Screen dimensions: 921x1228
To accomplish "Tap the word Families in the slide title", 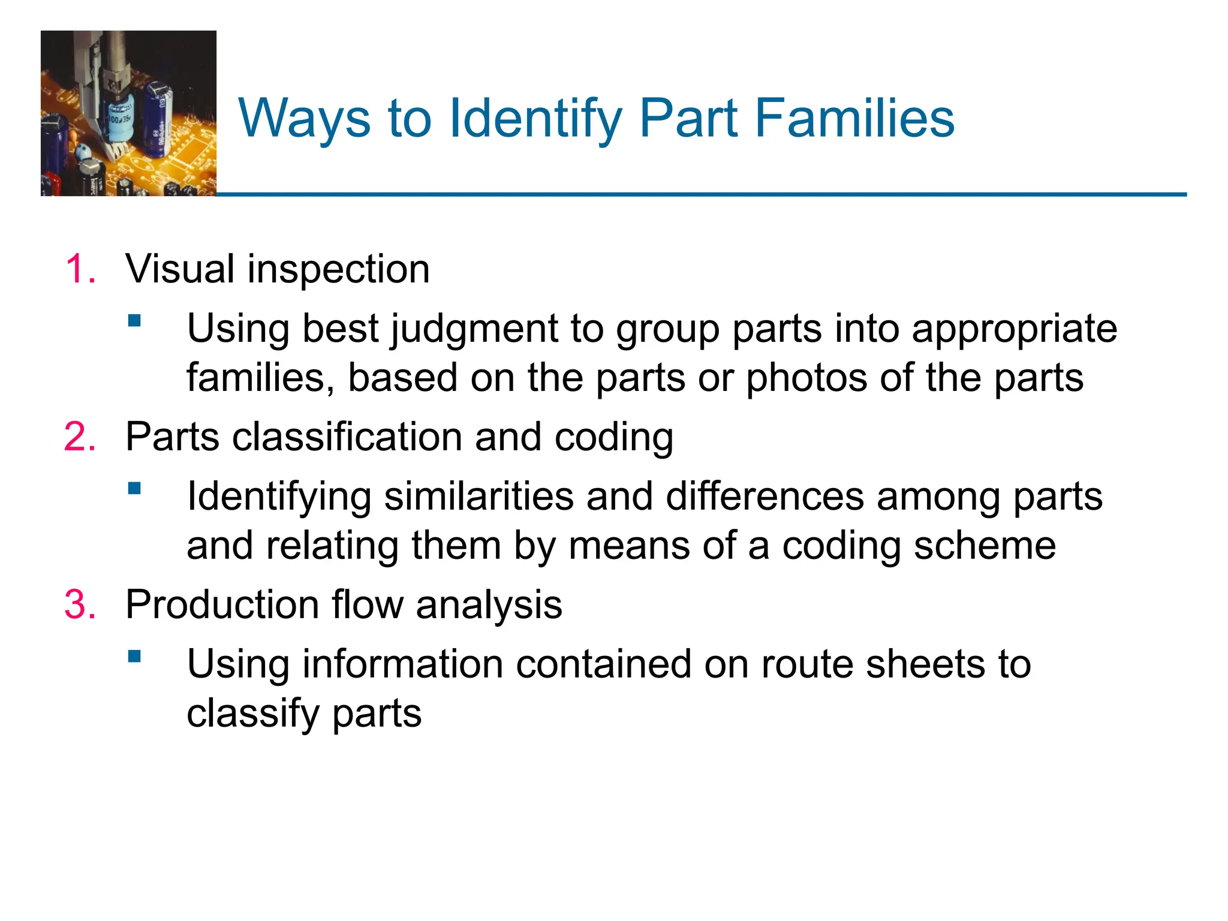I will point(854,119).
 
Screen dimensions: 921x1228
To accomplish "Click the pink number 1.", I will point(80,269).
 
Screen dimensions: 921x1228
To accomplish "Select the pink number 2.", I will point(80,437).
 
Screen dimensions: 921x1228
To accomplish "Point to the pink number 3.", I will point(80,604).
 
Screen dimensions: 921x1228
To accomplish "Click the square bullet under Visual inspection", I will point(134,320).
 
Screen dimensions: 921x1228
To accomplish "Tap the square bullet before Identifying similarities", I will point(134,488).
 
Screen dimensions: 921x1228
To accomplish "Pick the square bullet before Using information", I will point(134,656).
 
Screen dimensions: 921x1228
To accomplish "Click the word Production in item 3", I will point(222,604).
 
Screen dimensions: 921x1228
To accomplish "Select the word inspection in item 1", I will point(338,270).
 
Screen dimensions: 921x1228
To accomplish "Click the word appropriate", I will point(1014,330).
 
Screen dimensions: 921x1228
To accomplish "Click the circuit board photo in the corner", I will point(128,113).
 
